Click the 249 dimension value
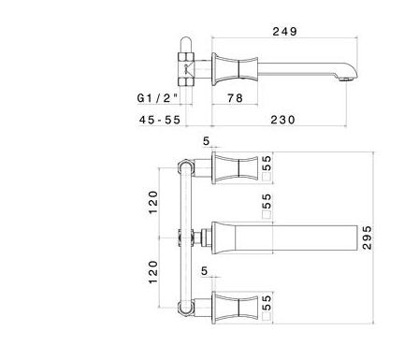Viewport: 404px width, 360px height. click(x=285, y=32)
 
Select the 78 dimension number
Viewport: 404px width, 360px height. click(x=235, y=98)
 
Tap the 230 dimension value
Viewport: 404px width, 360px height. click(x=282, y=120)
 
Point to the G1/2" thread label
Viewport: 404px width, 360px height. click(x=158, y=98)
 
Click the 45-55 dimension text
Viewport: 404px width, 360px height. click(x=160, y=120)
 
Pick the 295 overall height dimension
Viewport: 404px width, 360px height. click(x=368, y=238)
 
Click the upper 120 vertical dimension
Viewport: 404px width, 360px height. click(x=153, y=202)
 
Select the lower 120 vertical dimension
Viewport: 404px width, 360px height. click(x=153, y=272)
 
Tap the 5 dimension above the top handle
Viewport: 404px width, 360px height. click(x=207, y=141)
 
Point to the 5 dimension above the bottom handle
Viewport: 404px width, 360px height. click(x=204, y=271)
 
